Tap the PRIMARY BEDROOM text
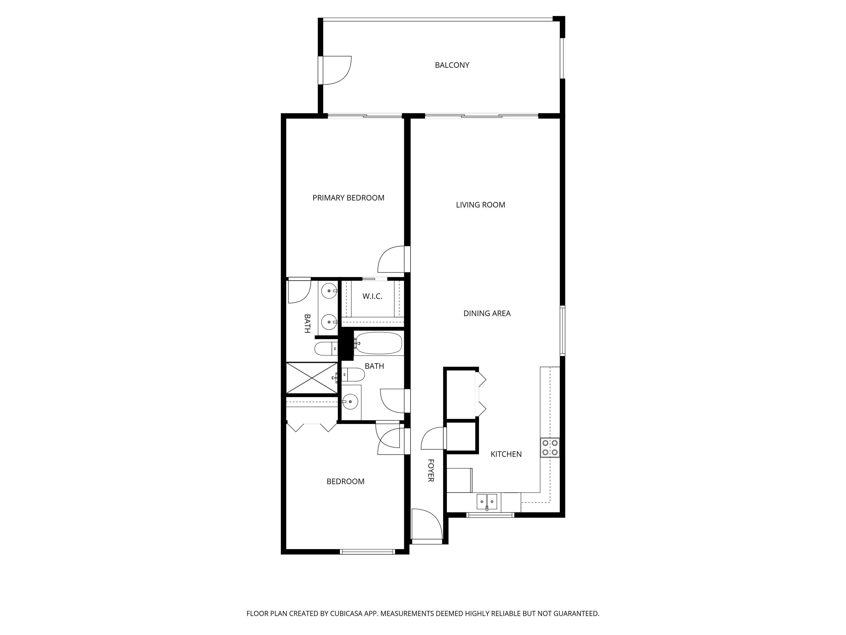click(348, 198)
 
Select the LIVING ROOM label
click(480, 205)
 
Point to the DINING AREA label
click(487, 313)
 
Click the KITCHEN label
click(506, 454)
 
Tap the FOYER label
click(431, 470)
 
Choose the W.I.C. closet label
click(372, 297)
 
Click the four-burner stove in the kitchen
click(550, 447)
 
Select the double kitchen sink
click(487, 502)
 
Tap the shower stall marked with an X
click(312, 378)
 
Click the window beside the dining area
click(563, 331)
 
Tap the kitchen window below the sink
click(490, 515)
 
